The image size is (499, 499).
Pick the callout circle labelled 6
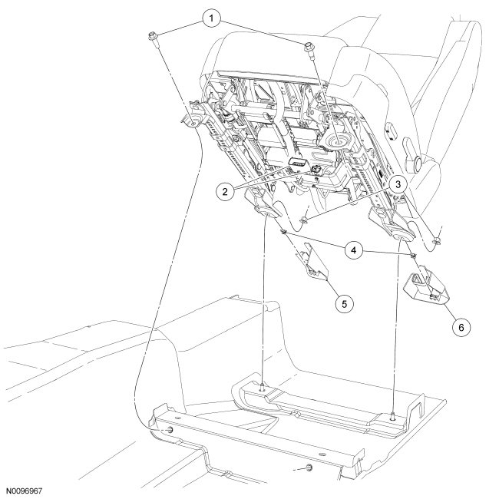pos(461,327)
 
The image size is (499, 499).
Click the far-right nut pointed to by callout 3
pos(435,240)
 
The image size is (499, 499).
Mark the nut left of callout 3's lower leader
pos(306,221)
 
